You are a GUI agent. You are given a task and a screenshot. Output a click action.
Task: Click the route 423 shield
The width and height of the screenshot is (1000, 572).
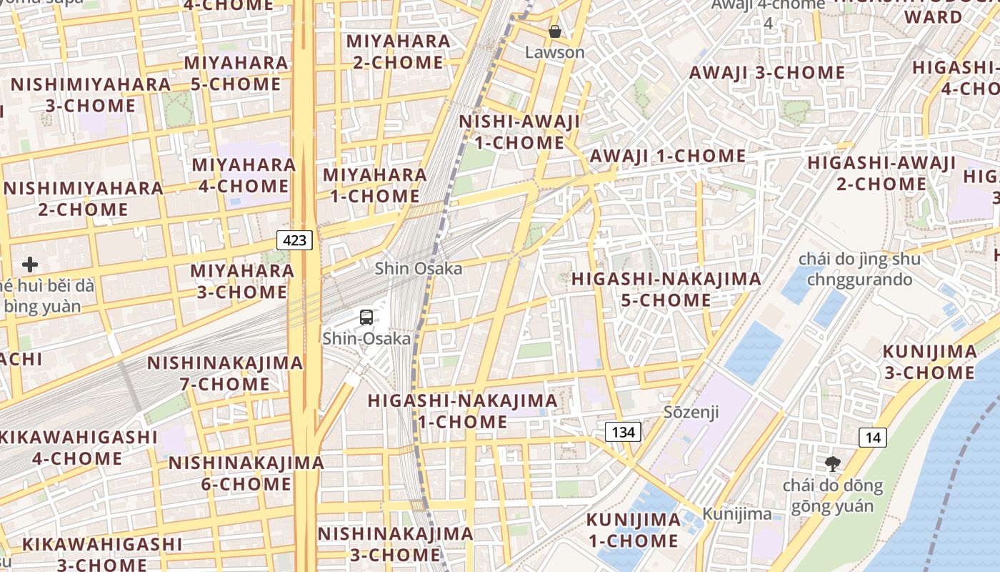pos(295,240)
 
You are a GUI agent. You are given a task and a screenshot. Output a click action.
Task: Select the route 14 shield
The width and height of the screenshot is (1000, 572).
pos(874,437)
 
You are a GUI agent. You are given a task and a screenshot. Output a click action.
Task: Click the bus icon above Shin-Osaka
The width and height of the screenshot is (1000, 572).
pos(366,317)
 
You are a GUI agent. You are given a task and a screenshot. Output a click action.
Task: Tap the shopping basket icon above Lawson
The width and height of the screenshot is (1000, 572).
pos(554,31)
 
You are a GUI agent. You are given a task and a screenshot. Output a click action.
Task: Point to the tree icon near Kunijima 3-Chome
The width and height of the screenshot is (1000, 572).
pos(832,464)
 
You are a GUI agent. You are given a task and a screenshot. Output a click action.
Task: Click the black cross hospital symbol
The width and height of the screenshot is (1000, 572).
pos(30,265)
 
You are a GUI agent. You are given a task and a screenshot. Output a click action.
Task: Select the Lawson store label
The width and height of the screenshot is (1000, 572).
pos(554,52)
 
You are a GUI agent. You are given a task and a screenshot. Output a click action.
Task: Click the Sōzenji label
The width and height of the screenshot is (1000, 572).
pos(691,412)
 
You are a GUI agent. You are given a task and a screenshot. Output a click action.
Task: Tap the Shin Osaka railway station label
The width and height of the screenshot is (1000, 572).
pos(419,268)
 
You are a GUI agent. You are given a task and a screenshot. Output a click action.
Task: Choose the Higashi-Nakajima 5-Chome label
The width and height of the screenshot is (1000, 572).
pos(666,290)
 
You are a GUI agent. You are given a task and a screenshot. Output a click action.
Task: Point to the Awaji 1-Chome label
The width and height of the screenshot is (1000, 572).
pos(668,156)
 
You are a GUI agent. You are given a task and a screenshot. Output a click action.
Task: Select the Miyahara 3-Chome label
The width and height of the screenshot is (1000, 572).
pos(242,281)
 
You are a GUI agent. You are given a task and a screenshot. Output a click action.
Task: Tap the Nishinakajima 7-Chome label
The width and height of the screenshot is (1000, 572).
pos(225,373)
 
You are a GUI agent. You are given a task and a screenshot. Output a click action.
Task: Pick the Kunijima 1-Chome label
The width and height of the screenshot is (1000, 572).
pos(633,531)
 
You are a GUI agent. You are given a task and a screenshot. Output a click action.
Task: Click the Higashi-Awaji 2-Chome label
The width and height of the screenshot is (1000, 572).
pos(881,173)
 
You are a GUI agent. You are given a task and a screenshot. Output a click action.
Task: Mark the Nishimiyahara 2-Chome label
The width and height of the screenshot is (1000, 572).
pos(84,199)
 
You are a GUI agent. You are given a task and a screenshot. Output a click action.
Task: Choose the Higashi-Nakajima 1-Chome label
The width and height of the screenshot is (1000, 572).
pos(463,411)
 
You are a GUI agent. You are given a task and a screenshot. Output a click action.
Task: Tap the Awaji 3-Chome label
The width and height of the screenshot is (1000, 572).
pos(766,72)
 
